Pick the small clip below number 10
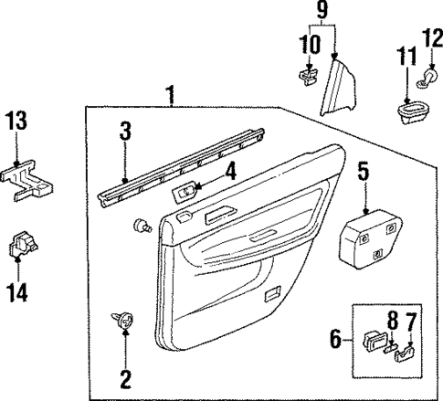(x=309, y=77)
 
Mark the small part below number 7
(x=406, y=354)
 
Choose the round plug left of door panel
(x=142, y=225)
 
